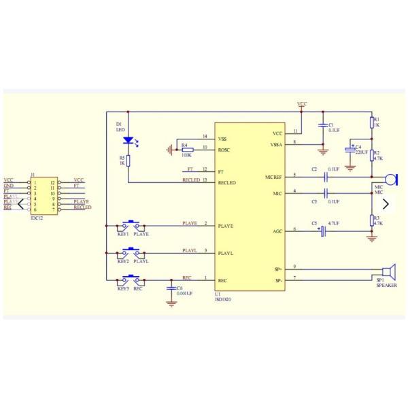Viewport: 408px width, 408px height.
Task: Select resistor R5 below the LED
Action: coord(129,160)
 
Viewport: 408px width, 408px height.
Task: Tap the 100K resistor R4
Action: coord(187,150)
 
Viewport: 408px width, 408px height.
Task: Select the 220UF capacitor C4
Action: coord(350,149)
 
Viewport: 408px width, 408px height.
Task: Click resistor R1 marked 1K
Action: coord(372,122)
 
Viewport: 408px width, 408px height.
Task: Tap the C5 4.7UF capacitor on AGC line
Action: coord(324,231)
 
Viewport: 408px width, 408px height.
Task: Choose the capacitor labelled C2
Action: coord(325,176)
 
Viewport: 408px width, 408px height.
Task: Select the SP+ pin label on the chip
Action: coord(278,270)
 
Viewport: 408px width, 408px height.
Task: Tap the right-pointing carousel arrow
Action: coord(386,203)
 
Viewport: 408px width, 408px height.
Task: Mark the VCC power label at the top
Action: coord(302,104)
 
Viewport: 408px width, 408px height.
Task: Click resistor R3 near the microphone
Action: coord(372,220)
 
